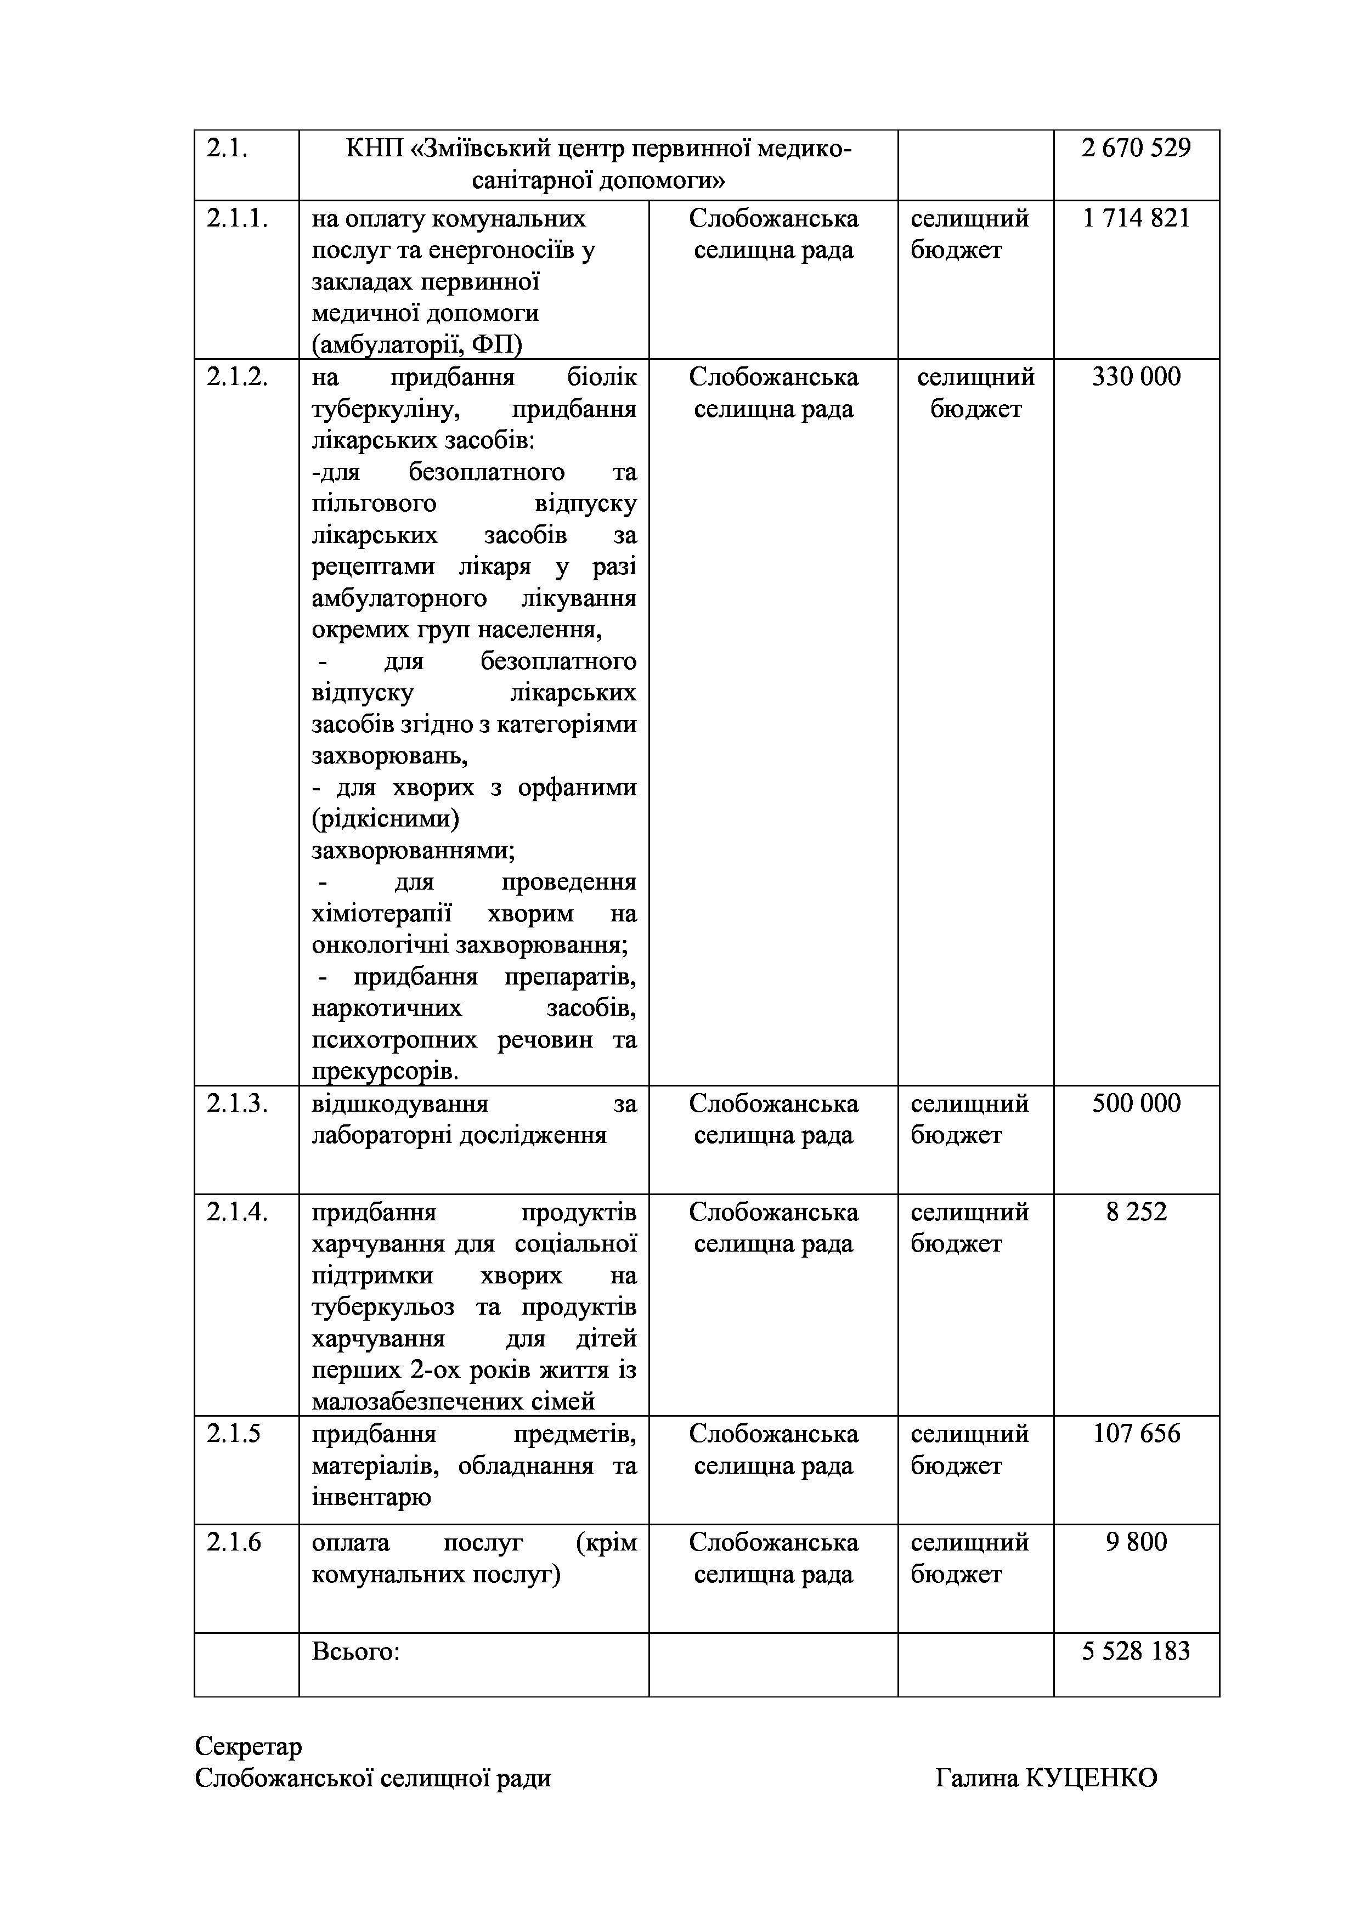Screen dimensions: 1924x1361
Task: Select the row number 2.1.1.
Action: click(237, 219)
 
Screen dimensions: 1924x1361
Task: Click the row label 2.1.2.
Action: click(237, 377)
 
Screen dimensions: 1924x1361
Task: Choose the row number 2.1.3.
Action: click(237, 1104)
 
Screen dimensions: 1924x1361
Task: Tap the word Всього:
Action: click(355, 1651)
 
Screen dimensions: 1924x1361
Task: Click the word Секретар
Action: click(248, 1746)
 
